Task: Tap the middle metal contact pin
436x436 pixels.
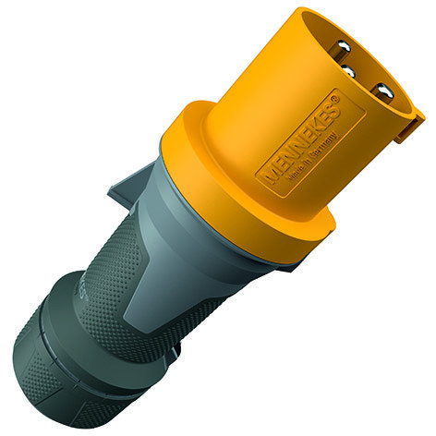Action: pos(350,71)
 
